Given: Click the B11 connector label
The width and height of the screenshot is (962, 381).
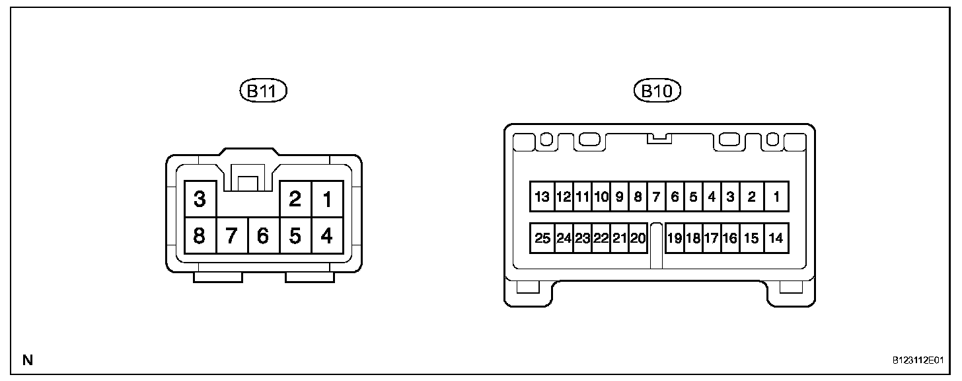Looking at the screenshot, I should click(263, 91).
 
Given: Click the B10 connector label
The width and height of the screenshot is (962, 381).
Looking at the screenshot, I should click(657, 91).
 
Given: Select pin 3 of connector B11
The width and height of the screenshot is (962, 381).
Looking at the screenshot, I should click(200, 199).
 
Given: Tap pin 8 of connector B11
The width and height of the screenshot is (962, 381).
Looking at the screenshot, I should click(200, 235).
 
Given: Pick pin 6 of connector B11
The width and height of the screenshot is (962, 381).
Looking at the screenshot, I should click(263, 235).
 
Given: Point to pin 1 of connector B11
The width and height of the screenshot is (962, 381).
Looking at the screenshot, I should click(326, 199).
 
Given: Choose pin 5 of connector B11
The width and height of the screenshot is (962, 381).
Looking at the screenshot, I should click(295, 235).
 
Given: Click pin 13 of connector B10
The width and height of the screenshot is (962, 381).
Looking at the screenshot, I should click(542, 196).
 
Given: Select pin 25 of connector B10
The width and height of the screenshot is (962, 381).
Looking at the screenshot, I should click(542, 238).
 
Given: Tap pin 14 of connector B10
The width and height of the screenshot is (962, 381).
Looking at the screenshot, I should click(776, 238).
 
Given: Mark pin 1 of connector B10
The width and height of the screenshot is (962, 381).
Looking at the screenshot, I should click(776, 196).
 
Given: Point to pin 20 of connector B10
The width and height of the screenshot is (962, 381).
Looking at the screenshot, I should click(638, 238).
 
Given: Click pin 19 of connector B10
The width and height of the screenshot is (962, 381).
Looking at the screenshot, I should click(674, 238).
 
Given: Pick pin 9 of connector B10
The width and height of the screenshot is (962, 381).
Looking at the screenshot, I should click(620, 196).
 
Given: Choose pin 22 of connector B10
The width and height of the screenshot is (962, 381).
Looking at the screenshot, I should click(601, 238).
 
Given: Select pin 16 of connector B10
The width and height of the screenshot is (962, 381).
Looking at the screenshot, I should click(729, 238).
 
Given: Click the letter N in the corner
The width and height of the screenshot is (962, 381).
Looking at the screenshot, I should click(27, 360).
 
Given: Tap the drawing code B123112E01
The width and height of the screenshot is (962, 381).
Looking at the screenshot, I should click(917, 361).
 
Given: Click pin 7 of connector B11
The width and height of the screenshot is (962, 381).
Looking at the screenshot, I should click(231, 235).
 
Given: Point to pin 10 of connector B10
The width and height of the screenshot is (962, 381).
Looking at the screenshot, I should click(601, 196).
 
